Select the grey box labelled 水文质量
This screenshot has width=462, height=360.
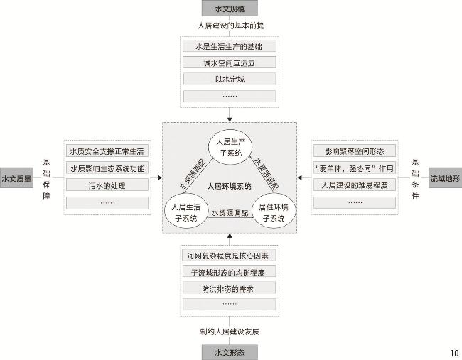[x=16, y=179]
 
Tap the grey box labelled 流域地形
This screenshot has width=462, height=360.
[x=444, y=179]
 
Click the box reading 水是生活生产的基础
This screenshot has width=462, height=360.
[x=229, y=46]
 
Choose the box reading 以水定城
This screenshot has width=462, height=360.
[x=229, y=79]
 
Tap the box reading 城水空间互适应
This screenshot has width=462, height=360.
[x=229, y=62]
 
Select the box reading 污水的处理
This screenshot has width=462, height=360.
[x=107, y=185]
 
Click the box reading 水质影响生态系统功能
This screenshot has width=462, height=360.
[x=107, y=168]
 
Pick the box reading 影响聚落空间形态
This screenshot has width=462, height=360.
[x=354, y=152]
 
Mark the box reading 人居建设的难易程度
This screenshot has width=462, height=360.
[x=354, y=185]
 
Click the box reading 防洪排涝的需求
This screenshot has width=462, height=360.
[x=229, y=288]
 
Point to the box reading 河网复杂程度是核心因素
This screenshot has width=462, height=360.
[x=229, y=255]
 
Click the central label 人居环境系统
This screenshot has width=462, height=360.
[x=229, y=187]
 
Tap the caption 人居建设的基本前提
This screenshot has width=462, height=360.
[x=229, y=26]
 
